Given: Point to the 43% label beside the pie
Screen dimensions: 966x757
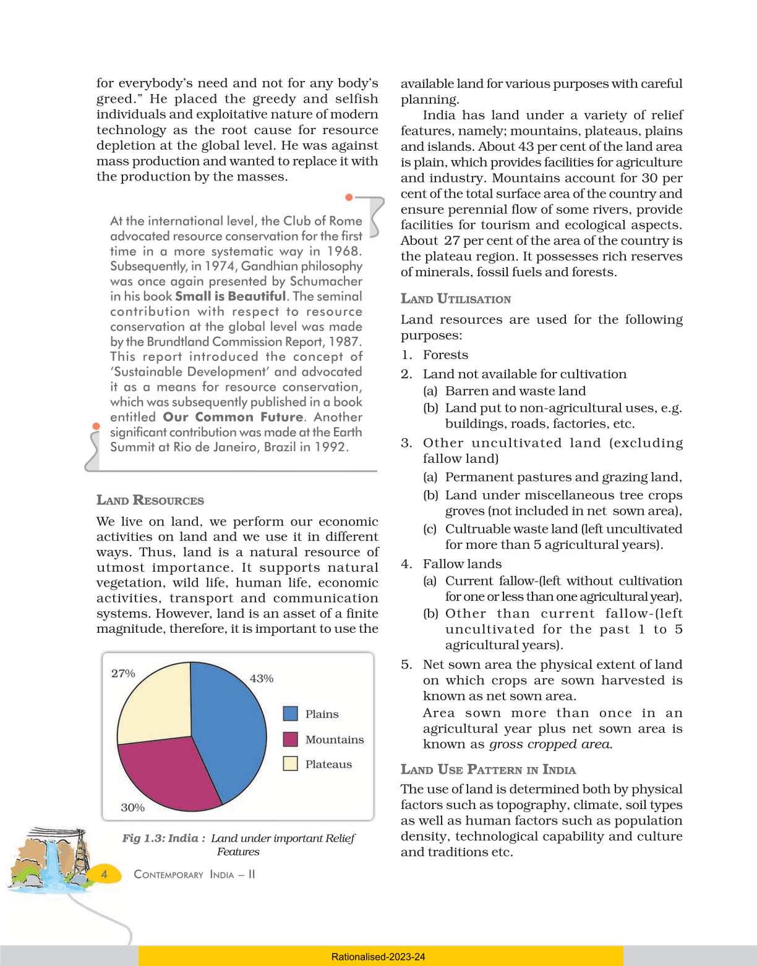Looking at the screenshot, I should [x=261, y=679].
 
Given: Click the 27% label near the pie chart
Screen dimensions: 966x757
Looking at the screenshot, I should [x=123, y=674].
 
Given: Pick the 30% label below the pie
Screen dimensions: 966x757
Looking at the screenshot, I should [x=132, y=808].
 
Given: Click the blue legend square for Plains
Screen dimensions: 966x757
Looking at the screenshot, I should [x=290, y=714].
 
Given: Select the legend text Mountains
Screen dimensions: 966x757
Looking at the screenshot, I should [x=334, y=740].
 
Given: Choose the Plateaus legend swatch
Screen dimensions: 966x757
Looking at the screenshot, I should [x=290, y=764].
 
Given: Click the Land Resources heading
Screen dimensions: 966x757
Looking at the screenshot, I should [x=150, y=501].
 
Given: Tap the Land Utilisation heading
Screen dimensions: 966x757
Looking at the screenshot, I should [x=456, y=299].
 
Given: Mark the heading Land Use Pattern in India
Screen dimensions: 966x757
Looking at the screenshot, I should [x=488, y=770].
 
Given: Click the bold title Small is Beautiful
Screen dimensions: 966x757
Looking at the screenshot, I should [x=231, y=297].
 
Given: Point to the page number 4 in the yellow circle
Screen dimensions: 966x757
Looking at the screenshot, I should [x=104, y=874].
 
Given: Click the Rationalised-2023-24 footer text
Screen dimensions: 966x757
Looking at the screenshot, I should [x=378, y=957].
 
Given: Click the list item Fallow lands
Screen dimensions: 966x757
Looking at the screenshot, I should [x=462, y=564].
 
